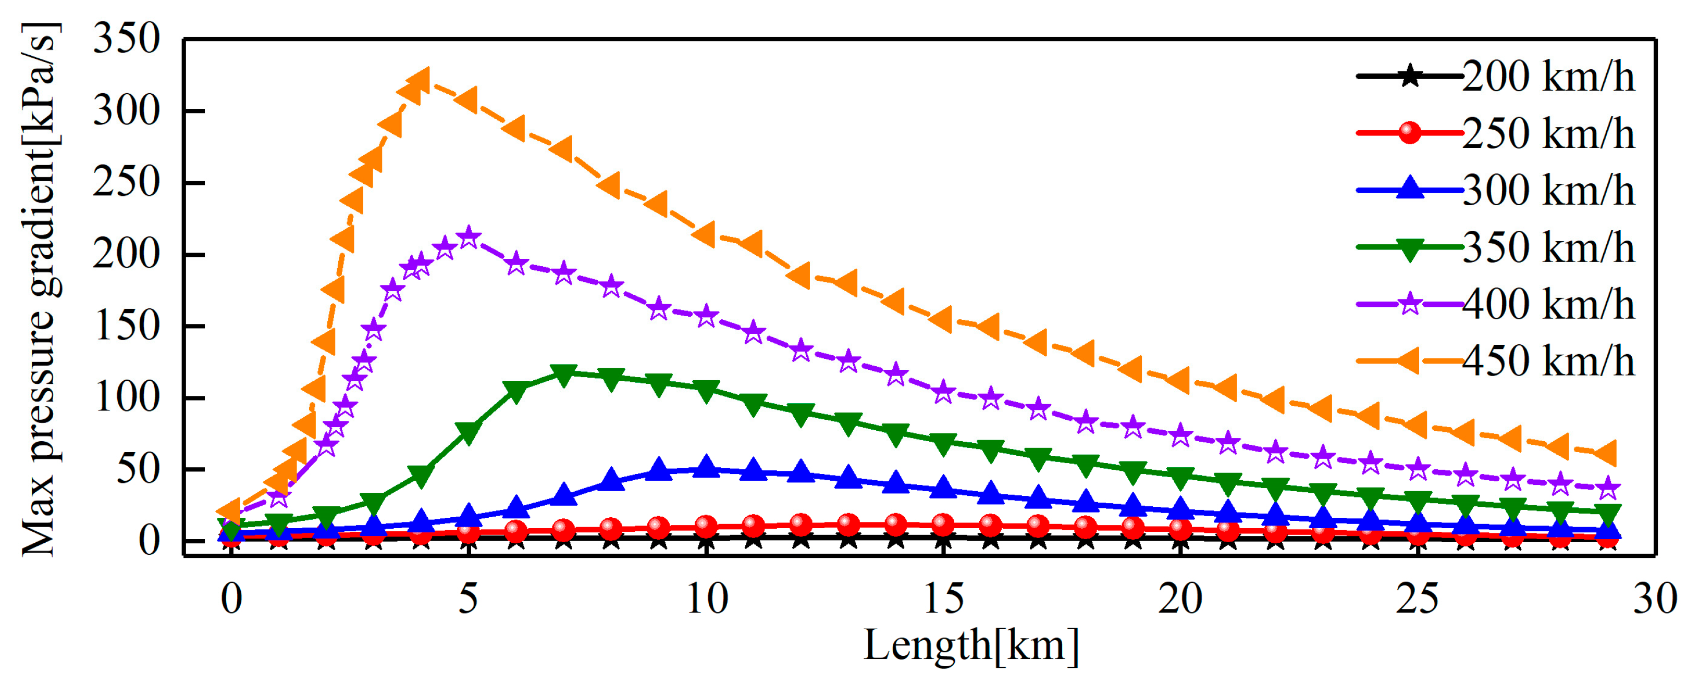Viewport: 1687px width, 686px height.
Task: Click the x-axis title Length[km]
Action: (x=970, y=645)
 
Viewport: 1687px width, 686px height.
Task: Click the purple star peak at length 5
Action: (x=467, y=238)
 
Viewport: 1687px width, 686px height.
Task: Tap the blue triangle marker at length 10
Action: (x=705, y=467)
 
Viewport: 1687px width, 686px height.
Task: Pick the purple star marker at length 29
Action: (x=1608, y=488)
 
